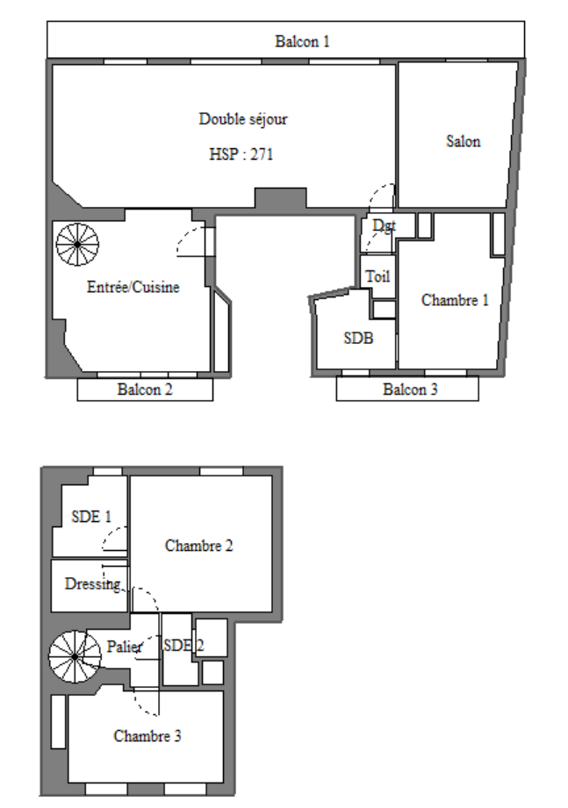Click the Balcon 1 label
click(x=302, y=41)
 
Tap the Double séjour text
click(x=243, y=119)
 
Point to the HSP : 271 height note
click(x=241, y=154)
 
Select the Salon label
click(x=463, y=141)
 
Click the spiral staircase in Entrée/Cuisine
click(x=77, y=244)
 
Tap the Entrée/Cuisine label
click(x=133, y=287)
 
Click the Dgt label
click(x=384, y=225)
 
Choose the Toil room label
click(x=377, y=276)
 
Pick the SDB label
click(x=358, y=338)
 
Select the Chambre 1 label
click(x=455, y=300)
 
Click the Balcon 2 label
click(x=145, y=389)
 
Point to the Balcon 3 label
click(x=410, y=389)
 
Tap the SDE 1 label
click(x=91, y=517)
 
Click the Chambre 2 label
click(x=199, y=545)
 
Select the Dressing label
click(x=93, y=584)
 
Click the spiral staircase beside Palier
click(x=75, y=656)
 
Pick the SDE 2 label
click(x=183, y=645)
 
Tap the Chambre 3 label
click(x=147, y=735)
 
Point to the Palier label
click(x=124, y=647)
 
